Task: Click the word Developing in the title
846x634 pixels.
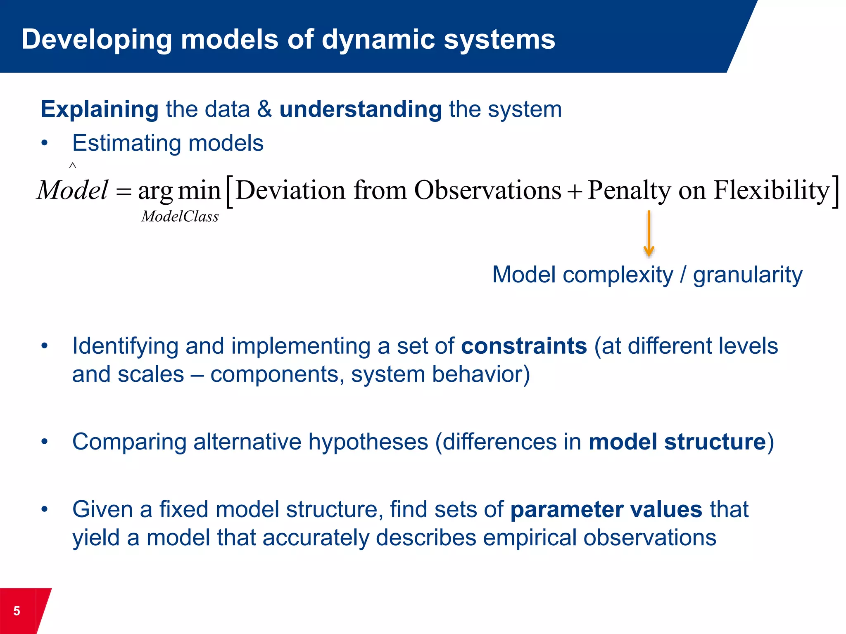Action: (x=96, y=40)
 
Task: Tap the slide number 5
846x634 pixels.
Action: (x=17, y=610)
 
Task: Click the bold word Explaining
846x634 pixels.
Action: (x=100, y=109)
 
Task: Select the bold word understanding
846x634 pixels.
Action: (x=361, y=109)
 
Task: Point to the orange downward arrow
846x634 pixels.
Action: (x=649, y=233)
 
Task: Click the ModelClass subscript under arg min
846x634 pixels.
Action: (x=180, y=216)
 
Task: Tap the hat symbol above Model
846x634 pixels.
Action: (x=73, y=166)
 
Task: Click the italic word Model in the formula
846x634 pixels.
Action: (x=73, y=190)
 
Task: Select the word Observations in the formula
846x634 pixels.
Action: (x=487, y=190)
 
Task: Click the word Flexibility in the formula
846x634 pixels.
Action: (x=771, y=190)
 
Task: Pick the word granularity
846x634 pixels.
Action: (x=747, y=275)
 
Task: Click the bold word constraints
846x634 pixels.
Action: (x=524, y=346)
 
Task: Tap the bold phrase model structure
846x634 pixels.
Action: (x=677, y=442)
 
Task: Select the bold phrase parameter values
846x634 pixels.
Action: (x=606, y=509)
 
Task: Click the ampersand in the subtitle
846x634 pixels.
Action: (x=264, y=109)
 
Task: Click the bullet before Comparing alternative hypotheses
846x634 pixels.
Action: (x=45, y=442)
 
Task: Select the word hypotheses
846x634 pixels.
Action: (x=368, y=442)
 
